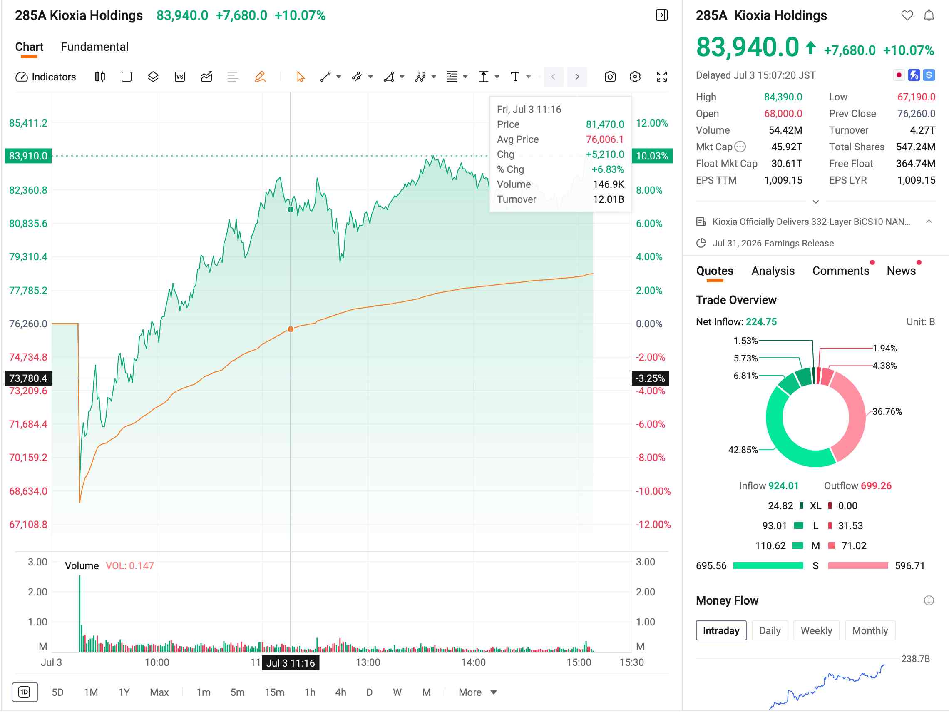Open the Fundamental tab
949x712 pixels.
94,47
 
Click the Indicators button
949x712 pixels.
46,77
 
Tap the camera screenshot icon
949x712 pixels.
610,77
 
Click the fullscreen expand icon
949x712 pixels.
661,77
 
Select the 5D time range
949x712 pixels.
57,692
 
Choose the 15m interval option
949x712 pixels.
275,692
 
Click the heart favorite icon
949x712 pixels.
907,15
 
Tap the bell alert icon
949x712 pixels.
929,15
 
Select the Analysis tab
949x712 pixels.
773,271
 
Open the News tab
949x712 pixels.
901,271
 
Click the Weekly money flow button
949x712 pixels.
816,630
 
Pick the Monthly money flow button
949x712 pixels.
870,630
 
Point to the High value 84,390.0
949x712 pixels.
783,97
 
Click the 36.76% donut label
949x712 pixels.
887,411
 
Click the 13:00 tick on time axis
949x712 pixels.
368,662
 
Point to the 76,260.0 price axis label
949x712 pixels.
28,324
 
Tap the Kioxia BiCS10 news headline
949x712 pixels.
811,222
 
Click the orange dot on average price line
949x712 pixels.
291,329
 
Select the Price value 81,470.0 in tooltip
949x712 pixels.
605,124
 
